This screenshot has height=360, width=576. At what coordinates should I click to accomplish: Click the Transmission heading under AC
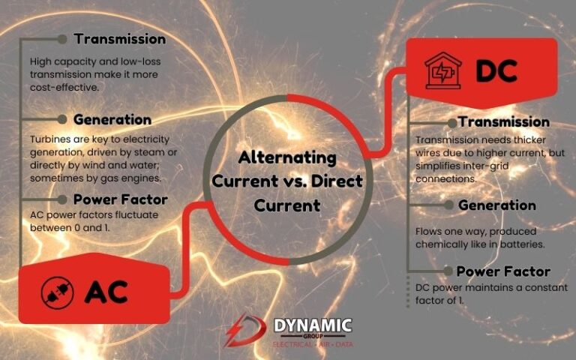(x=119, y=38)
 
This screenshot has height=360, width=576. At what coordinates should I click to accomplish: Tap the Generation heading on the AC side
(x=112, y=119)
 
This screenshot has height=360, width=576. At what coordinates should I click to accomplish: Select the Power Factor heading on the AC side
(x=121, y=199)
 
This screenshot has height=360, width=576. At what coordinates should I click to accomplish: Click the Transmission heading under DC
(x=503, y=121)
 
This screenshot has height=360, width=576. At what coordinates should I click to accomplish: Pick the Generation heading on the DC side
(x=496, y=205)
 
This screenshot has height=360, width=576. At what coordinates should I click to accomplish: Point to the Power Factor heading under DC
(x=503, y=271)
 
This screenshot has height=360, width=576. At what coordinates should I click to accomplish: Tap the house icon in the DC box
(x=442, y=73)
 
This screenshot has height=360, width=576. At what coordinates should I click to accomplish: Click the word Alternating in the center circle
(x=287, y=158)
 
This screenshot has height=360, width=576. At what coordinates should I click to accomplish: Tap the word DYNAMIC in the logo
(x=312, y=325)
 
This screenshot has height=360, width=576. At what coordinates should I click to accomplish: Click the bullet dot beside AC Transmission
(x=63, y=39)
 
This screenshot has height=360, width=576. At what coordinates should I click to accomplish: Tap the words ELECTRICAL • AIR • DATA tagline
(x=312, y=343)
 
